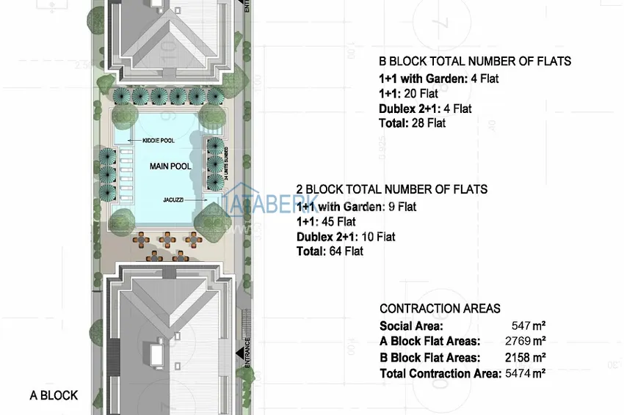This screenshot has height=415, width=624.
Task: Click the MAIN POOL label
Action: coord(170,166)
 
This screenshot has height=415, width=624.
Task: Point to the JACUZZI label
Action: coord(173,199)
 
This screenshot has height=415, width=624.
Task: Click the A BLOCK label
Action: coord(54,396)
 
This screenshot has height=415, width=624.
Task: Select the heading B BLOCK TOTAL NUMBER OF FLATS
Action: coord(475,62)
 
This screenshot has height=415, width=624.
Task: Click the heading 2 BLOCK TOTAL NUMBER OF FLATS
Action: coord(391,189)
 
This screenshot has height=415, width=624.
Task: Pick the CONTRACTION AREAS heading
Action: coord(440,309)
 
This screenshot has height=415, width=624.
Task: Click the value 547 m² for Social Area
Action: coord(529,326)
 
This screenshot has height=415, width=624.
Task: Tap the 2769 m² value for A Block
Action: coord(526,341)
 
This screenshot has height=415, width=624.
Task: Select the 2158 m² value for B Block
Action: coord(526,357)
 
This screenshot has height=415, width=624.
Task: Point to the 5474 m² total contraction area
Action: coord(526,373)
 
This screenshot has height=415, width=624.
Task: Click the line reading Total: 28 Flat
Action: coord(412,123)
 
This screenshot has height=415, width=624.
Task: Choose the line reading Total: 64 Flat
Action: coord(330,251)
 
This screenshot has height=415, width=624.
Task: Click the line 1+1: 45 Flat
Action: coord(326,221)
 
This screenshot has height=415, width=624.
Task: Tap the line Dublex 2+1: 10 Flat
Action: coord(346,237)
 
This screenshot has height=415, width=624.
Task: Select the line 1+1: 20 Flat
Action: coord(408,93)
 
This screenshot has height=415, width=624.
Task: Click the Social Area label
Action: coord(411,326)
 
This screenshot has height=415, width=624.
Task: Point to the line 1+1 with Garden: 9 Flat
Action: coord(356,207)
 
